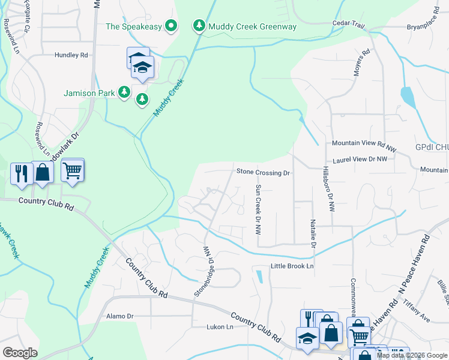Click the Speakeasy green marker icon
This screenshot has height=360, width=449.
pyautogui.click(x=171, y=26)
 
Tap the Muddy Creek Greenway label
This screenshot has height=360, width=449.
pyautogui.click(x=252, y=26)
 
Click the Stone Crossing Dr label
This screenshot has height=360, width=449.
pyautogui.click(x=263, y=173)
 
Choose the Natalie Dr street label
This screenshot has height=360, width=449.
pyautogui.click(x=313, y=234)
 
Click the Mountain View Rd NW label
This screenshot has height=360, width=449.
pyautogui.click(x=364, y=144)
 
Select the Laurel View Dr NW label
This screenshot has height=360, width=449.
pyautogui.click(x=360, y=159)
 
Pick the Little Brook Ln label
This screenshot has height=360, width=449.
pyautogui.click(x=292, y=266)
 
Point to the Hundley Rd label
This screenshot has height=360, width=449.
pyautogui.click(x=71, y=55)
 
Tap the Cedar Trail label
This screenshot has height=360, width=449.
pyautogui.click(x=349, y=24)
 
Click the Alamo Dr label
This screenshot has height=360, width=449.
pyautogui.click(x=119, y=316)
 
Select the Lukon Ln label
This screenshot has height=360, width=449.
pyautogui.click(x=219, y=327)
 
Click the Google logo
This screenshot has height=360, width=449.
pyautogui.click(x=20, y=353)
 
